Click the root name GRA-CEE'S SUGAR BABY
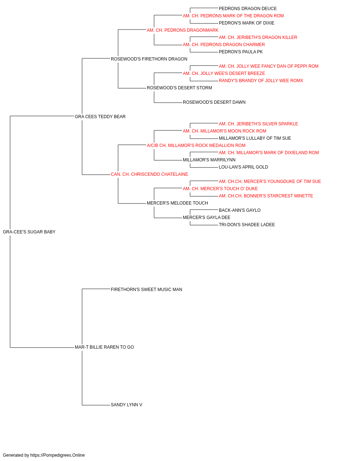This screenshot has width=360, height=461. pyautogui.click(x=29, y=232)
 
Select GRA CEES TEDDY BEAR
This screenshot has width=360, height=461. pyautogui.click(x=100, y=117)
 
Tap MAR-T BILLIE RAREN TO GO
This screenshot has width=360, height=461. pyautogui.click(x=104, y=347)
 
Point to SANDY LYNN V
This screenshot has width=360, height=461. pyautogui.click(x=126, y=405)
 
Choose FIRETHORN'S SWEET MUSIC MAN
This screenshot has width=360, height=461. pyautogui.click(x=146, y=290)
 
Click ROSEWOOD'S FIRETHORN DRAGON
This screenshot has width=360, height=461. pyautogui.click(x=149, y=59)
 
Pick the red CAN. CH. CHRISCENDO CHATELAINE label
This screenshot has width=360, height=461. pyautogui.click(x=149, y=174)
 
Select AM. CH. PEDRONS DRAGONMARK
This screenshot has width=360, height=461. pyautogui.click(x=182, y=30)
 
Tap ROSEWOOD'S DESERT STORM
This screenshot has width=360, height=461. pyautogui.click(x=179, y=88)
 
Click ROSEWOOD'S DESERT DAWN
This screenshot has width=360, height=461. pyautogui.click(x=214, y=102)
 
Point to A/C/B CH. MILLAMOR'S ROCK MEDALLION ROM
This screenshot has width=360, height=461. pyautogui.click(x=196, y=146)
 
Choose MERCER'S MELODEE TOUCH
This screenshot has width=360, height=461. pyautogui.click(x=177, y=203)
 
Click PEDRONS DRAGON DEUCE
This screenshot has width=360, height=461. pyautogui.click(x=248, y=9)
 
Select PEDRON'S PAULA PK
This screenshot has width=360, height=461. pyautogui.click(x=240, y=52)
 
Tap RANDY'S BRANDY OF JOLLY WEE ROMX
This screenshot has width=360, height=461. pyautogui.click(x=261, y=81)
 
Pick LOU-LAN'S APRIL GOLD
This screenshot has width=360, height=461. pyautogui.click(x=243, y=167)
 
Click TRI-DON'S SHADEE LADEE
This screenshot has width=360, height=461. pyautogui.click(x=247, y=225)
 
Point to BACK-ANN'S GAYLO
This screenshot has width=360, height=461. pyautogui.click(x=239, y=210)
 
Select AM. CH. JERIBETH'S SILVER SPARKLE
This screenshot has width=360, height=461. pyautogui.click(x=258, y=124)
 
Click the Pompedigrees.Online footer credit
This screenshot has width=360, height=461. pyautogui.click(x=44, y=455)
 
